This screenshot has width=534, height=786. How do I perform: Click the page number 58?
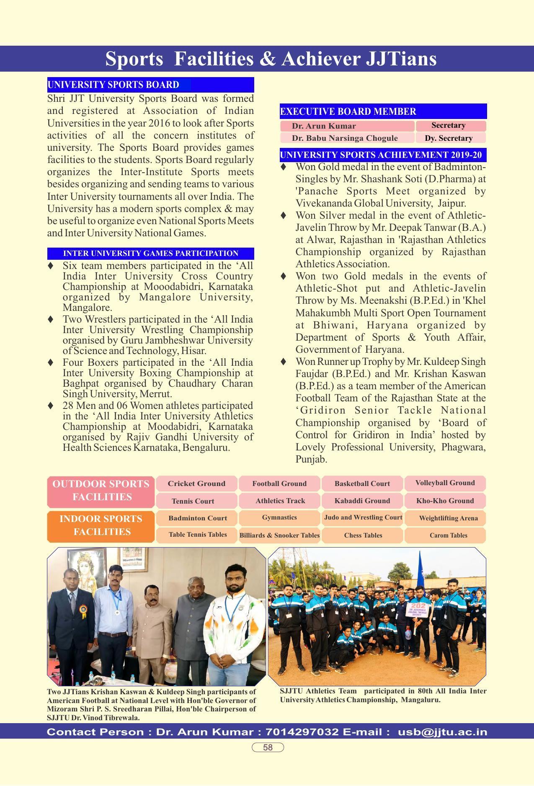pos(268,747)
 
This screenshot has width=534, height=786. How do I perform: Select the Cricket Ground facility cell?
pos(196,483)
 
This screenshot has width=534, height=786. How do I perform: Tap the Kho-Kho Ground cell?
pos(445,501)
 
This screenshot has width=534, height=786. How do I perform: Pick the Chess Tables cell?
pos(363,535)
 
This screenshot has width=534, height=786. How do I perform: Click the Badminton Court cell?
pos(197,518)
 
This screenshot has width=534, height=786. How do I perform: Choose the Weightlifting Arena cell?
pos(448,518)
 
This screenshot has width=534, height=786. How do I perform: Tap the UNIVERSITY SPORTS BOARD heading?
pos(114,85)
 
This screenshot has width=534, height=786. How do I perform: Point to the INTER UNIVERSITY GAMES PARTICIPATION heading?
pos(150,253)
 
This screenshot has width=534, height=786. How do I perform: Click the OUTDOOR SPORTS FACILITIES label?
pos(101,490)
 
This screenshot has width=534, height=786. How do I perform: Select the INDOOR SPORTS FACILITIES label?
pos(101,525)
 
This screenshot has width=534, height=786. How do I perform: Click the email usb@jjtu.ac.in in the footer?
pos(442,732)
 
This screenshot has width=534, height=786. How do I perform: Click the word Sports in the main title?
pos(134,59)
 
